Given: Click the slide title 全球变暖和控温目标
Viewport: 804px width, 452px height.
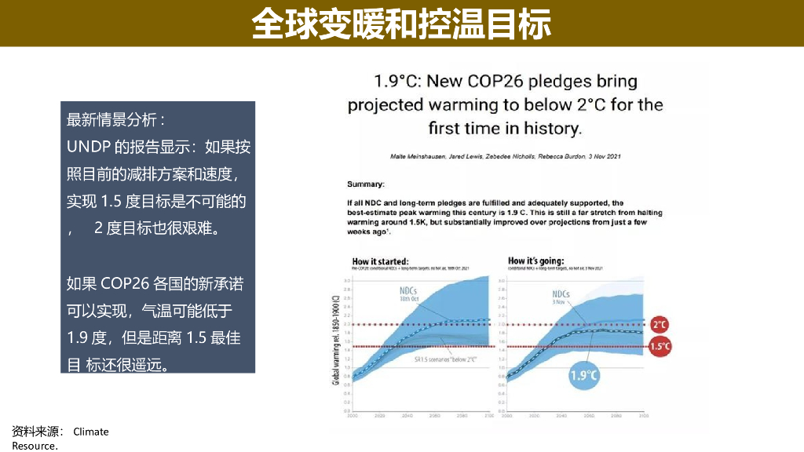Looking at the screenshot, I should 401,24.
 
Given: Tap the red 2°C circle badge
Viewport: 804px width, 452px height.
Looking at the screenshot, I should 660,324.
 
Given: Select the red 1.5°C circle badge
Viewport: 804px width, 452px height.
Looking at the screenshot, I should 660,346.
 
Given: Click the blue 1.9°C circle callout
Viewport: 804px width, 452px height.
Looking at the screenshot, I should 584,375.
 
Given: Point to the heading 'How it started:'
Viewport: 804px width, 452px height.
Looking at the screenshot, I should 380,261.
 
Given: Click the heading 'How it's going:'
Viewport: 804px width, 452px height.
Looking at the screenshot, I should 535,261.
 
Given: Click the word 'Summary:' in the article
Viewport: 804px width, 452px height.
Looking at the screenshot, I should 366,184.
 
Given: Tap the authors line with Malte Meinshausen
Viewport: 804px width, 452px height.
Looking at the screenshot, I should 506,157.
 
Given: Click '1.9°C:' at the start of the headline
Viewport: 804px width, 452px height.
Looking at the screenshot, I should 398,81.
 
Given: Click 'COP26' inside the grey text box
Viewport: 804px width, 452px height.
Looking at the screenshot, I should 126,284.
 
